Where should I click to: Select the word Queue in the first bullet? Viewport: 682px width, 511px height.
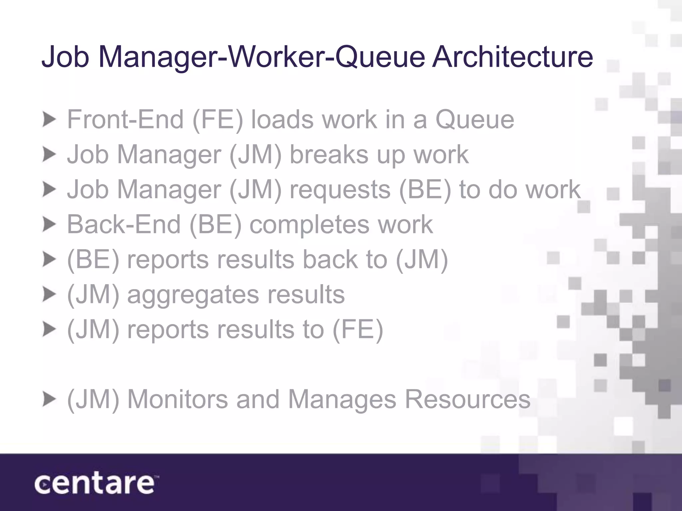click(x=475, y=120)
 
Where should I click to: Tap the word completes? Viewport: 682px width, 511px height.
click(x=309, y=225)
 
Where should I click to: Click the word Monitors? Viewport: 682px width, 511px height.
click(x=178, y=399)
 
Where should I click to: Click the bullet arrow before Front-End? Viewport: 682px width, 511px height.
click(x=49, y=120)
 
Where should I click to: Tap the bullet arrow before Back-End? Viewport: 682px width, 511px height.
click(x=49, y=225)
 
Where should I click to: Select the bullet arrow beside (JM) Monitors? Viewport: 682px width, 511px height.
click(x=49, y=400)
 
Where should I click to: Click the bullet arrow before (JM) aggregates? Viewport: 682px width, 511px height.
click(x=49, y=295)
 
